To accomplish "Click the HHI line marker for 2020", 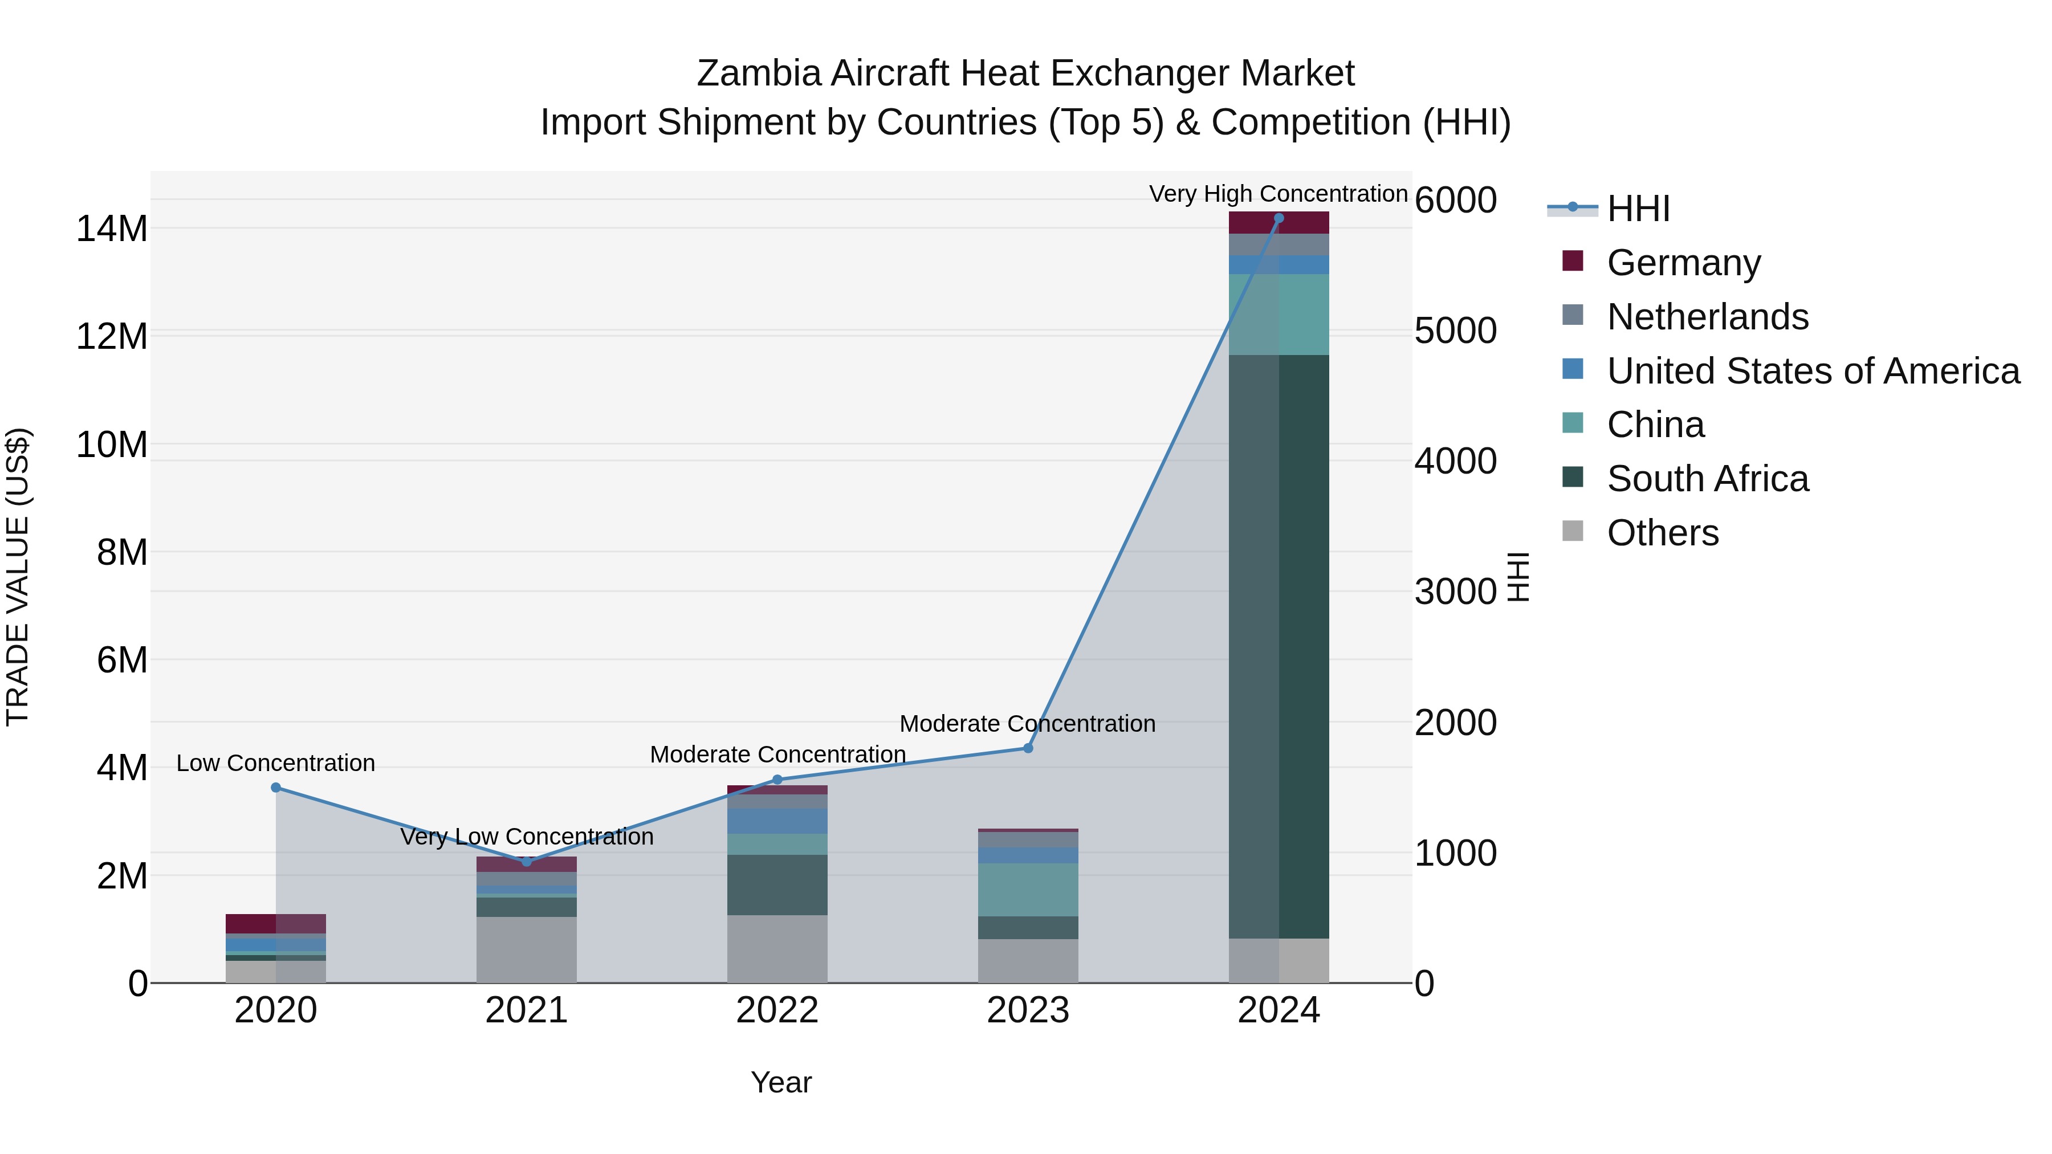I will (x=276, y=788).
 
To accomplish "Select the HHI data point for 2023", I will (x=1028, y=749).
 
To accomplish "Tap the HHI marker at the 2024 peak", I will (x=1279, y=218).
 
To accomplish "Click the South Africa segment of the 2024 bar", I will (x=1279, y=645).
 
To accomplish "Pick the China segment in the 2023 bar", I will (x=1028, y=890).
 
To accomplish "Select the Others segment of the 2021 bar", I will (x=527, y=949).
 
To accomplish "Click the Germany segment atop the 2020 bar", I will (x=276, y=924).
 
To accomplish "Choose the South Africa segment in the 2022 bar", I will (x=777, y=885).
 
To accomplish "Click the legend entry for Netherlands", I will (x=1707, y=317).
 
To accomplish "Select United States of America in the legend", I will (x=1812, y=371).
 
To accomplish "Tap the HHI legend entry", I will (x=1638, y=209).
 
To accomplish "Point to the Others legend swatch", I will (x=1573, y=531).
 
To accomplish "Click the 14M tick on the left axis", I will (x=112, y=229).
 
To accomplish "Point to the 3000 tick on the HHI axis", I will (x=1455, y=592).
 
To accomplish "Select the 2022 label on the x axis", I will (x=777, y=1010).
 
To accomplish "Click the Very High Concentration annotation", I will (x=1278, y=194).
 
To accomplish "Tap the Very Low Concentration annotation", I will (x=527, y=837).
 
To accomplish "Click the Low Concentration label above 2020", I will (x=276, y=763).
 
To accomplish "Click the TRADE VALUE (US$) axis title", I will (x=18, y=577).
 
